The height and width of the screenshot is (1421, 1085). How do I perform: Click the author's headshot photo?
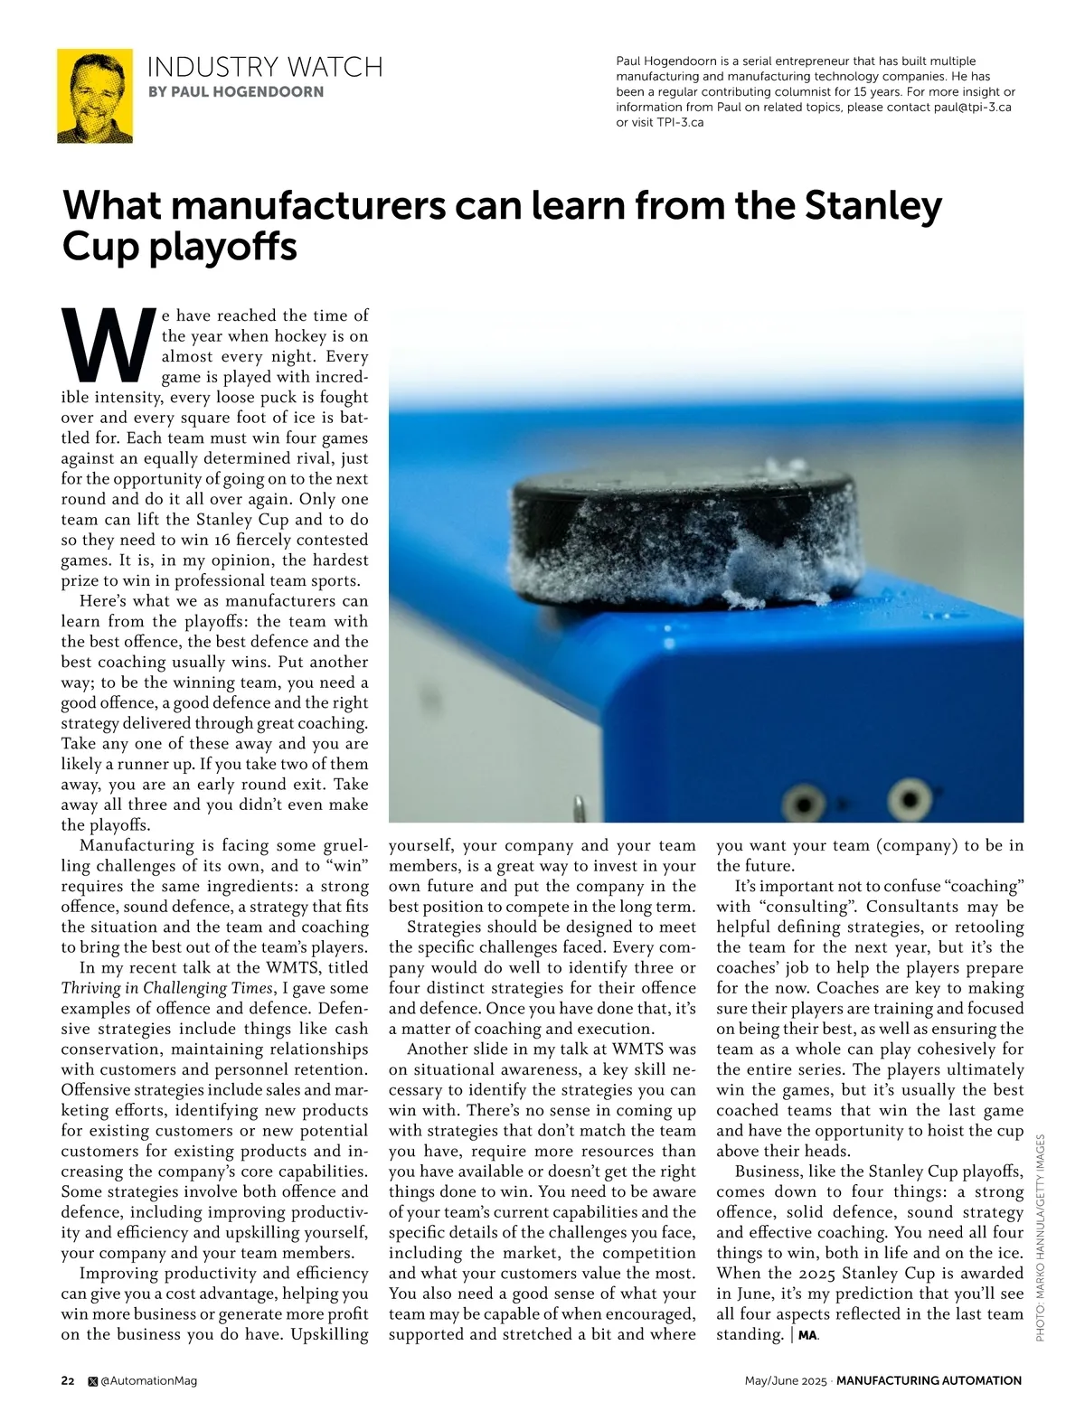tap(95, 96)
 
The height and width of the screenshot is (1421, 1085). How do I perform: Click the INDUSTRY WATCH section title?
tap(265, 67)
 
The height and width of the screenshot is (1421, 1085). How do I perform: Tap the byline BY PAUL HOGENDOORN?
tap(235, 91)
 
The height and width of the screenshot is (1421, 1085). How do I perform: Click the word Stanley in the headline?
tap(873, 206)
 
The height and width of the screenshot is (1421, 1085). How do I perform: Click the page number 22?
tap(68, 1380)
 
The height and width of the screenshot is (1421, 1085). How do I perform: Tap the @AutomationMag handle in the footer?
tap(148, 1380)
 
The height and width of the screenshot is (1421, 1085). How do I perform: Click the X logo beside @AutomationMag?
tap(92, 1380)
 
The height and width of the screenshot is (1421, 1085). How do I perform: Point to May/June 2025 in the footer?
tap(785, 1380)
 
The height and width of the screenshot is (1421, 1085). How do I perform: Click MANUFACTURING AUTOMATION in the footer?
tap(929, 1380)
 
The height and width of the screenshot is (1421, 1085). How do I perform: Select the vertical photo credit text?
tap(1040, 1237)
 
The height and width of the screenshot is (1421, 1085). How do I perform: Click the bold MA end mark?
tap(807, 1335)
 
